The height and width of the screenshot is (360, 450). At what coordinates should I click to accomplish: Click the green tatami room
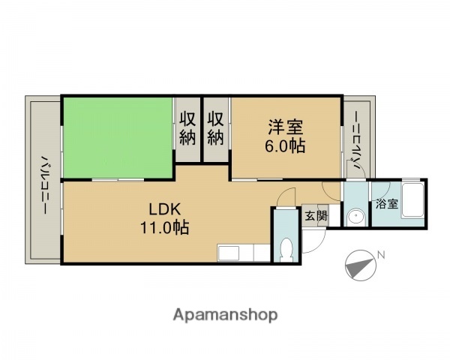118,137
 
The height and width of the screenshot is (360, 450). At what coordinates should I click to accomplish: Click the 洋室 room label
283,127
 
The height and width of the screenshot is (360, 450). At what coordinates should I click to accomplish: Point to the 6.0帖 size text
284,146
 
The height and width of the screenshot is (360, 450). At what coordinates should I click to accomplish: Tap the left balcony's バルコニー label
44,184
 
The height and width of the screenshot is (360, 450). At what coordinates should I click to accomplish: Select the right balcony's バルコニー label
357,143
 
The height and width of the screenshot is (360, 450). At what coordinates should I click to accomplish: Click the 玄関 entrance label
315,216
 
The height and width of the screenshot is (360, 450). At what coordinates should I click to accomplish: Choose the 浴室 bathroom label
386,203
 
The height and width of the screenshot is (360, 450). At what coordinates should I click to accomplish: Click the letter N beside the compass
381,255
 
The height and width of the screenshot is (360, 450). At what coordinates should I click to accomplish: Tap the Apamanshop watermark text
225,314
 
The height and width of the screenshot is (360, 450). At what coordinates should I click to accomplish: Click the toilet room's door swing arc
283,199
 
